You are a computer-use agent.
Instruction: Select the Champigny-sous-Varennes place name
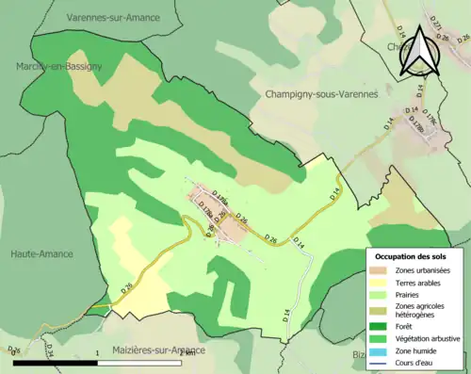click(x=321, y=94)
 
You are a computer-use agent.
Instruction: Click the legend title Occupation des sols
click(x=412, y=256)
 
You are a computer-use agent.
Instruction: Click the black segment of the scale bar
click(x=57, y=362)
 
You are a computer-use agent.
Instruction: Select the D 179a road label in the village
click(x=220, y=194)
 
